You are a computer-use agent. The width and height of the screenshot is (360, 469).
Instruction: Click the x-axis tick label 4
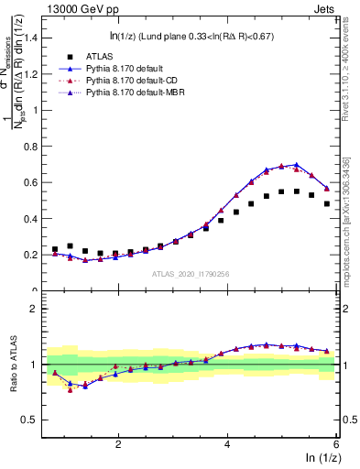(x=227, y=443)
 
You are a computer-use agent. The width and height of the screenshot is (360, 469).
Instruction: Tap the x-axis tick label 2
(x=119, y=443)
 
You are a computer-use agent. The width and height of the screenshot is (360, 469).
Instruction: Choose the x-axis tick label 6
(x=335, y=443)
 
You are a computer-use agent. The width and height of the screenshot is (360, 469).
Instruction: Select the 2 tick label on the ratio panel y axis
(x=40, y=309)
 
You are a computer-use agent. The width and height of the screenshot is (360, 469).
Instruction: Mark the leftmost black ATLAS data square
(x=55, y=249)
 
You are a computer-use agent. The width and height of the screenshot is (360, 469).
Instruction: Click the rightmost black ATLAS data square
(x=327, y=203)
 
